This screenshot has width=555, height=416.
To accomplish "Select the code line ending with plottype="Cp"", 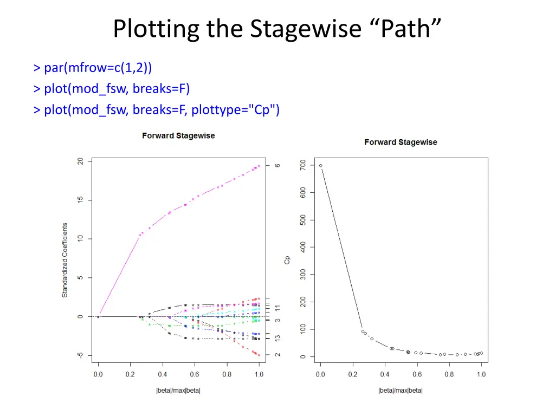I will click(157, 110).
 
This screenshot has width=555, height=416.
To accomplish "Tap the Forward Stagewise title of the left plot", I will click(178, 135).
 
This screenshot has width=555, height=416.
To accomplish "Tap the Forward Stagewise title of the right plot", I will click(401, 142).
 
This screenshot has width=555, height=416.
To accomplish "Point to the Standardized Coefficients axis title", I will click(64, 260).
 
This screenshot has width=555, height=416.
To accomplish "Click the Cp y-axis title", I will click(287, 260).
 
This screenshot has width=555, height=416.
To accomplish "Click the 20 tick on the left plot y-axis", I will click(80, 161).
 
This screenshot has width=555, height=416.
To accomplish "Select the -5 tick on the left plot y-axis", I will click(80, 355).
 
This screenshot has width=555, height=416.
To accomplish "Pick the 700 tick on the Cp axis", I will click(302, 164).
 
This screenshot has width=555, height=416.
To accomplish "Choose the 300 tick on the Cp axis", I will click(302, 275).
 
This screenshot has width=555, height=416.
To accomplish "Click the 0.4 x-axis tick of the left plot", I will click(162, 374).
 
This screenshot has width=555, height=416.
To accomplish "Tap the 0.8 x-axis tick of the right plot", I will click(449, 374).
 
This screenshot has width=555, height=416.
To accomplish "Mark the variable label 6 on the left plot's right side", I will click(277, 165).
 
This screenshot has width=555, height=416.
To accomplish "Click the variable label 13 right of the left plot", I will click(277, 338).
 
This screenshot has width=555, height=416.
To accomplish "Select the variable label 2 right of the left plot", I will click(277, 355).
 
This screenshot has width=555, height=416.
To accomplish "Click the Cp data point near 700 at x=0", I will click(320, 166).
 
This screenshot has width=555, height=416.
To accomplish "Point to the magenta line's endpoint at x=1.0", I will click(259, 166).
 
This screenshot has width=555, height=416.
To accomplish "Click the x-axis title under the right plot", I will click(401, 390).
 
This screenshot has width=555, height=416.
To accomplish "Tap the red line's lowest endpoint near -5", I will click(259, 355).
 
